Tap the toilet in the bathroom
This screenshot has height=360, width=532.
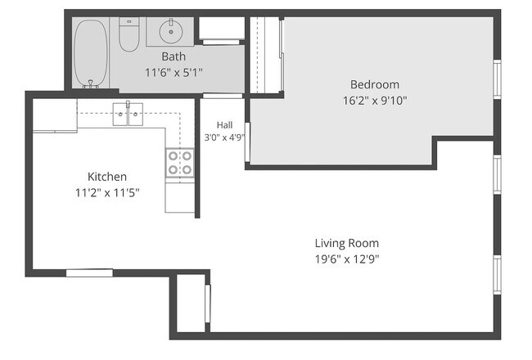click(x=129, y=34)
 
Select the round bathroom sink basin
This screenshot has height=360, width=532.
click(x=171, y=31)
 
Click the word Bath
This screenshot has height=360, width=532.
click(x=174, y=56)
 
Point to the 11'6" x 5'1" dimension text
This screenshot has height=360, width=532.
click(x=174, y=72)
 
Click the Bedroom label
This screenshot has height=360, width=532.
click(x=375, y=84)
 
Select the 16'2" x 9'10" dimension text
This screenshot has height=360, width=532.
click(x=375, y=101)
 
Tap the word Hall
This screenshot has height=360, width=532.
click(x=224, y=125)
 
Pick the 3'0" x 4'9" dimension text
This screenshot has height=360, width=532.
click(x=224, y=137)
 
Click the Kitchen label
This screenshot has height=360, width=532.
click(x=107, y=177)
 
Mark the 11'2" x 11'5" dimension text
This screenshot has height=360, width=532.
click(x=107, y=193)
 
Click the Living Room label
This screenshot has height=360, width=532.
click(x=347, y=243)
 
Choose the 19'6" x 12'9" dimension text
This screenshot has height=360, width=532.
click(x=347, y=259)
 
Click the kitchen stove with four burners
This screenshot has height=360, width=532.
click(x=180, y=163)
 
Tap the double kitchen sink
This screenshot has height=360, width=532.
click(x=128, y=114)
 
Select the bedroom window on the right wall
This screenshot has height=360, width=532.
click(x=497, y=79)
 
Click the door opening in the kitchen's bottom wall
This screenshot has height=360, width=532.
click(x=89, y=272)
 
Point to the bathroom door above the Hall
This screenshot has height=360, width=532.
click(x=223, y=96)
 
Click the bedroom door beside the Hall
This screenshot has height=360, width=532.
click(x=247, y=142)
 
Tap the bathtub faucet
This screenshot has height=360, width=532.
click(x=91, y=83)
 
